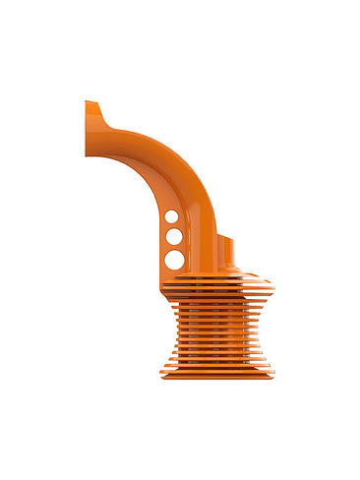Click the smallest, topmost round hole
click(x=171, y=216)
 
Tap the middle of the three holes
click(x=172, y=237)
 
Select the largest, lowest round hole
click(x=173, y=260)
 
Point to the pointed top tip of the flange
click(x=88, y=102)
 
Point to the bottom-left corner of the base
click(x=157, y=382)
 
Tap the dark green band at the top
click(x=180, y=30)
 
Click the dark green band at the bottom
click(x=180, y=450)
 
